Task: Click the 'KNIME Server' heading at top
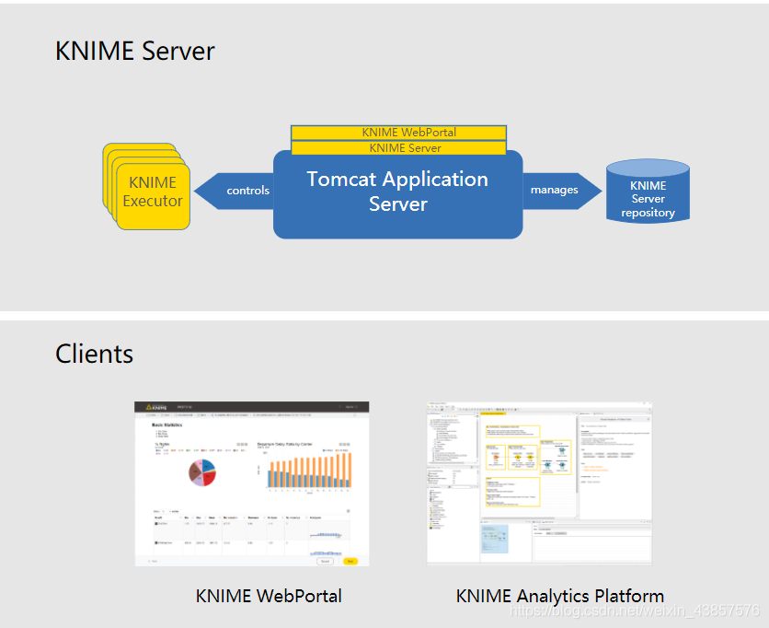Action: click(135, 51)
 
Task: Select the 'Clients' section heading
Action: click(94, 354)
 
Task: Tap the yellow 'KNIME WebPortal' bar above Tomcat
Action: click(398, 133)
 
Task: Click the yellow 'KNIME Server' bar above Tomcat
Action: click(398, 147)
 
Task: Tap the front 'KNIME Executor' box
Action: click(153, 192)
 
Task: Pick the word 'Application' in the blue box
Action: click(438, 179)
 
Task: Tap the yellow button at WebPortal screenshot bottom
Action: click(350, 560)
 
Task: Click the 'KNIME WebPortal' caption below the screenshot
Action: click(269, 596)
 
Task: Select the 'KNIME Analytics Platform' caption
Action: click(559, 596)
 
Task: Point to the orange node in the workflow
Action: click(496, 458)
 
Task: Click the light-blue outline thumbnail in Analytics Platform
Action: click(494, 539)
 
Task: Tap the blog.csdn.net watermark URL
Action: click(635, 611)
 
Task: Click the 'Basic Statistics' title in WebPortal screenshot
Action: click(168, 424)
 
